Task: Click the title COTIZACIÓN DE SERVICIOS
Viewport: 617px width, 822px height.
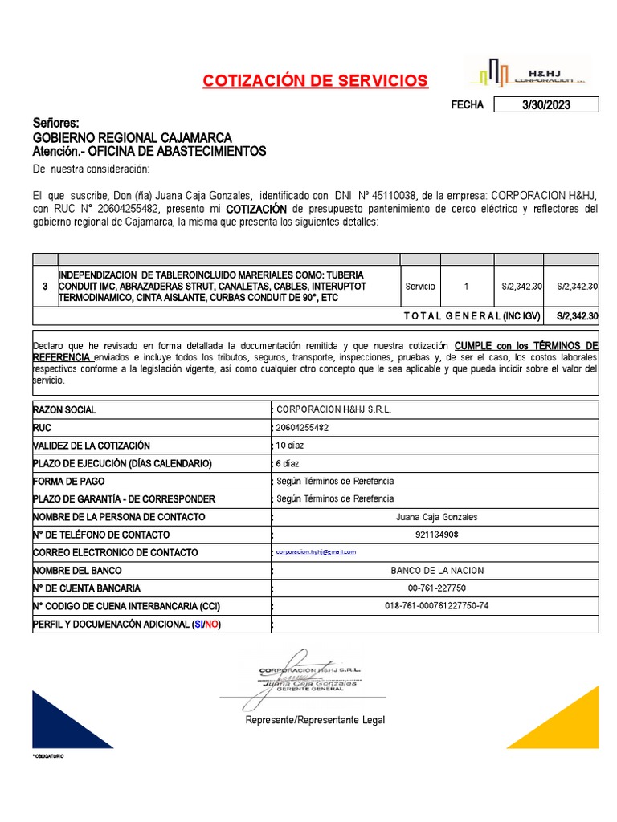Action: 316,81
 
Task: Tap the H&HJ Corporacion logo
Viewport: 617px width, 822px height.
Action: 528,73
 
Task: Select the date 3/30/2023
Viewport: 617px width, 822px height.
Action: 545,105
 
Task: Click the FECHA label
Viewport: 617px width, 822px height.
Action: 467,105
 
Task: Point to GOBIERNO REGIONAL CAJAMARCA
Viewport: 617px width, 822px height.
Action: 132,137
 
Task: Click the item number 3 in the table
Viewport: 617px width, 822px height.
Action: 45,286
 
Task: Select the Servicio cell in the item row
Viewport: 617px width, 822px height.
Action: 420,286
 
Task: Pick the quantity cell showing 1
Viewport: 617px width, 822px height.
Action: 467,286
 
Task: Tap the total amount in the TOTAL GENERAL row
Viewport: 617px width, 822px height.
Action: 577,316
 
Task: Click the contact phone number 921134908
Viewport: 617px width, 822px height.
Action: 436,535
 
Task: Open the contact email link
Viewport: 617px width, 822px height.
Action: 316,552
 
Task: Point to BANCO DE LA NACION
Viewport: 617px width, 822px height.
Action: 436,571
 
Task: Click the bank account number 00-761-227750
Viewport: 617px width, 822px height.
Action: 436,588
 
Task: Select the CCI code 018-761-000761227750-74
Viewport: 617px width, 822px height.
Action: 436,606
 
